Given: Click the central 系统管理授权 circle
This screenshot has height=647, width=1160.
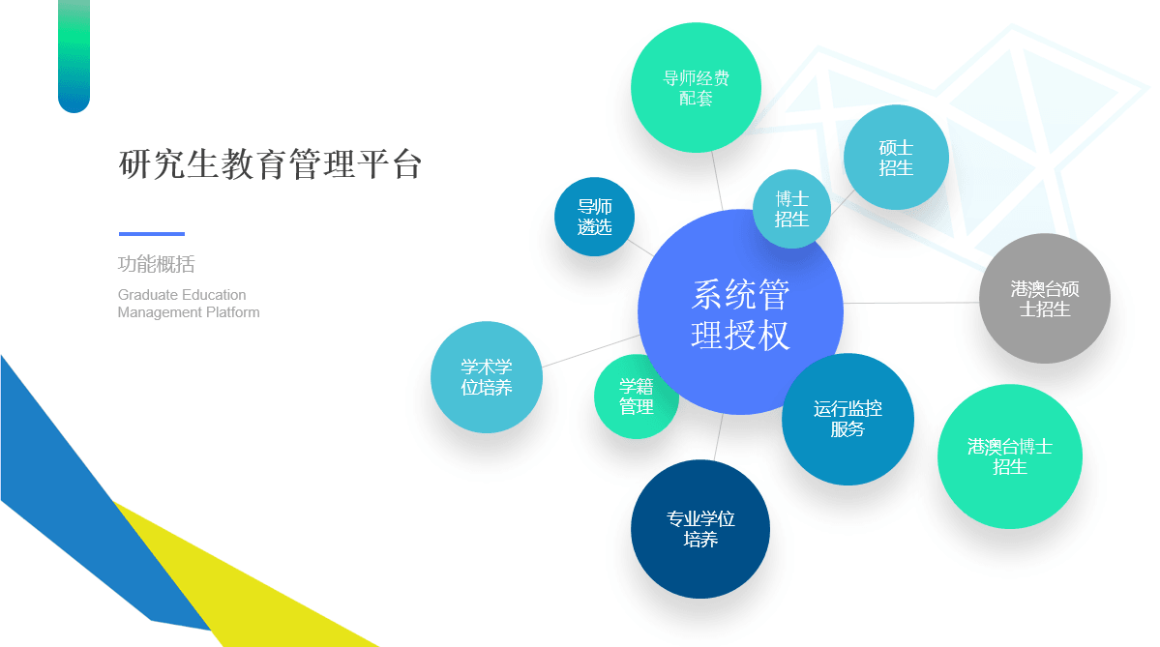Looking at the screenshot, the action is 740,312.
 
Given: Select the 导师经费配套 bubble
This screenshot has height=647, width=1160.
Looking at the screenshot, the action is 697,87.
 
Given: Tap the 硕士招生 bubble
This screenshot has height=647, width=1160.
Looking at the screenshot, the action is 896,158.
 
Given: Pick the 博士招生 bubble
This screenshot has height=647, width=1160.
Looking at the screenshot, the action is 791,209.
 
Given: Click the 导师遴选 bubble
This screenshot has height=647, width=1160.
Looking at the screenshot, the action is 594,217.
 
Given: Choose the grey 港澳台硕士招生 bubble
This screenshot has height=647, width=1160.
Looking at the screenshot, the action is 1045,298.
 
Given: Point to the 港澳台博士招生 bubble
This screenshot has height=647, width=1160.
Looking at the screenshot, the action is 1010,456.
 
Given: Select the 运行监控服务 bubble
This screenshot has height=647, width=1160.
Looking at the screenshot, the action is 848,420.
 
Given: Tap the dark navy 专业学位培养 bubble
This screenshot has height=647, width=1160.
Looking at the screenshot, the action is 699,529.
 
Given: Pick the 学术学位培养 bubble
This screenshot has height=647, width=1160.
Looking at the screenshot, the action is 487,377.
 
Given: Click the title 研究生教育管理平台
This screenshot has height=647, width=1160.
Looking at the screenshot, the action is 270,164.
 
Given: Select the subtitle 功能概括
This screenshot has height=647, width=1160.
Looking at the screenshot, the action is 156,264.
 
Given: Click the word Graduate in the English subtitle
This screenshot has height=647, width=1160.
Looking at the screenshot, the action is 146,295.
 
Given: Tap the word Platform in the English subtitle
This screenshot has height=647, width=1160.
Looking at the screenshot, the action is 233,312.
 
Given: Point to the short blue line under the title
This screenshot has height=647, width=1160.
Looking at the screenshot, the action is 152,234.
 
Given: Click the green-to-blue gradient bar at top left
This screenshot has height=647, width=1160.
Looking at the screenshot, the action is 74,56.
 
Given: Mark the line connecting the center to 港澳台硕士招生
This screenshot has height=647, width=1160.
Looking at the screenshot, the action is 911,303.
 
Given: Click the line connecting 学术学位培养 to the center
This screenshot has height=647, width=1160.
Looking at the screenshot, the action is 591,351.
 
